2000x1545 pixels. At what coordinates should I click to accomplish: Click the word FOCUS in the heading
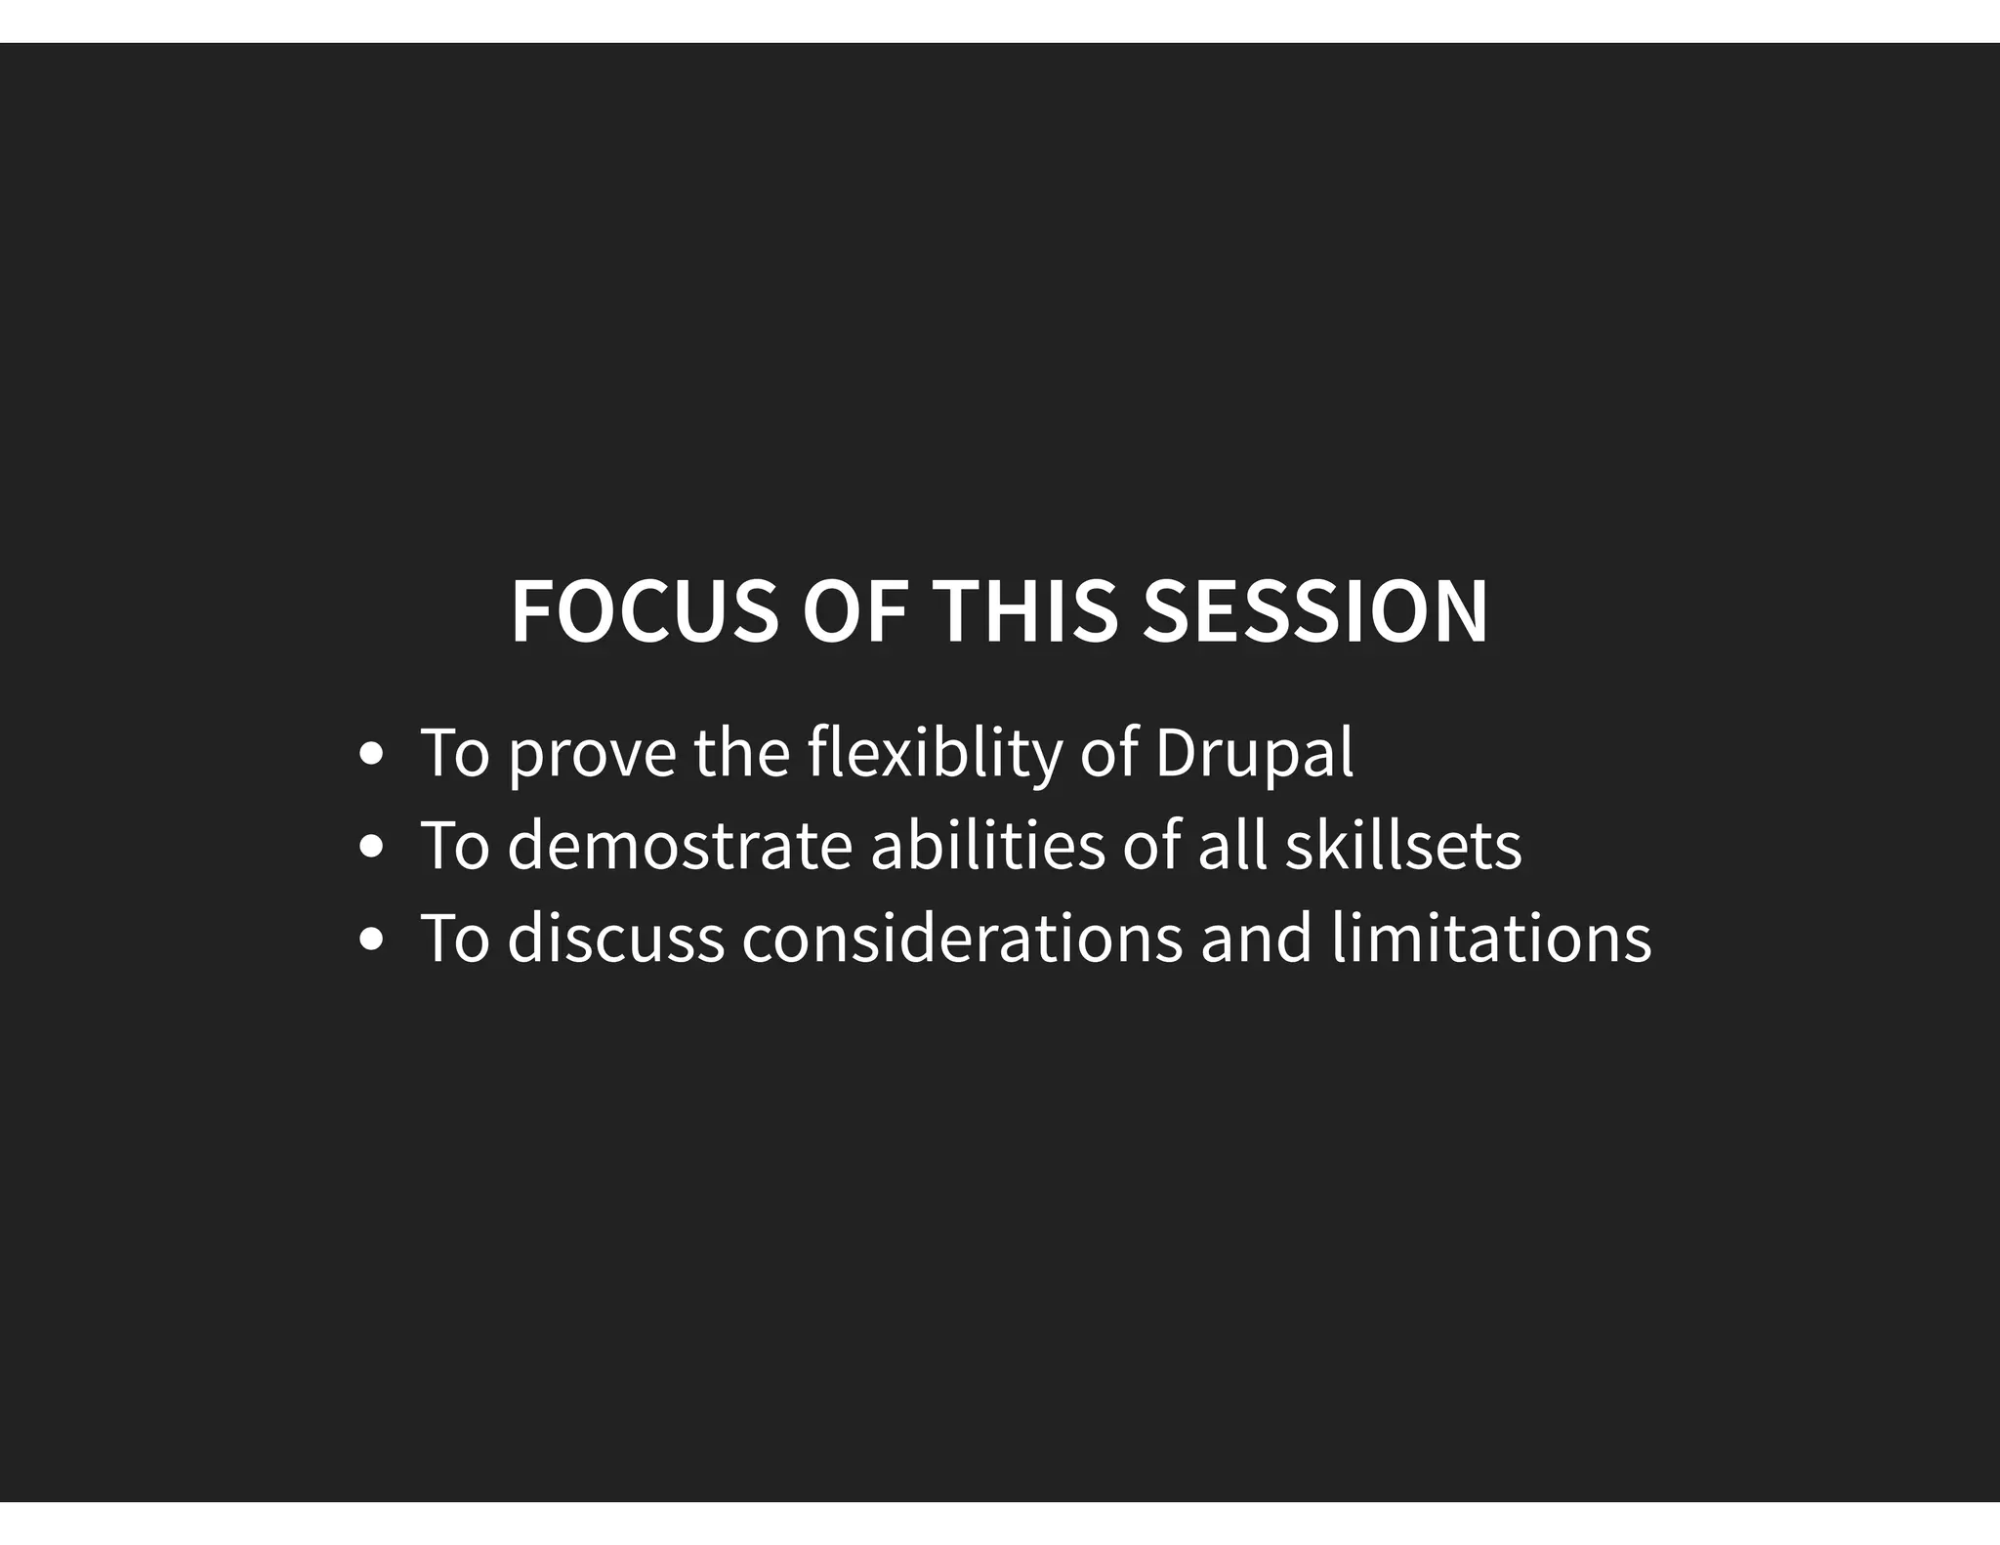[645, 612]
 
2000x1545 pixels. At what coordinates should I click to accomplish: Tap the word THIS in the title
[1024, 612]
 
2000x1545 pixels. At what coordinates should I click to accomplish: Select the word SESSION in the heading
[1314, 612]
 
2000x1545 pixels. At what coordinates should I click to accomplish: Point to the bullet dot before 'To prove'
[371, 754]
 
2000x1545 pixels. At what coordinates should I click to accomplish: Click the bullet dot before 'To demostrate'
[371, 847]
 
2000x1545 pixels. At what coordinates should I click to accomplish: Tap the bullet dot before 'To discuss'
[371, 940]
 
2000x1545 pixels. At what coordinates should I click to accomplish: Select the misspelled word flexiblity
[935, 754]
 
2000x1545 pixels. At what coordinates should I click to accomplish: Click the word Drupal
[1254, 754]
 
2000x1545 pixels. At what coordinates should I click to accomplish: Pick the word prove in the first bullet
[592, 754]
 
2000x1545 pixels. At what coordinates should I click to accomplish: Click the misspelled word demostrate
[680, 846]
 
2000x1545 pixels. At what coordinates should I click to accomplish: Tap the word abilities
[987, 846]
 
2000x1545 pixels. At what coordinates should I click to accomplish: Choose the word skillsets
[1402, 846]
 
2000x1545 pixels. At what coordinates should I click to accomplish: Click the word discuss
[615, 939]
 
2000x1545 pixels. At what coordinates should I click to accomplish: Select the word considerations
[962, 939]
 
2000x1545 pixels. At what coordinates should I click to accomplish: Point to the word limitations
[1490, 939]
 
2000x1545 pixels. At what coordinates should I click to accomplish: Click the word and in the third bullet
[1256, 939]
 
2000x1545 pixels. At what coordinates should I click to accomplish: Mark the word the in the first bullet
[741, 754]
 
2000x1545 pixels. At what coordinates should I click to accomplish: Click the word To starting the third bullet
[454, 939]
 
